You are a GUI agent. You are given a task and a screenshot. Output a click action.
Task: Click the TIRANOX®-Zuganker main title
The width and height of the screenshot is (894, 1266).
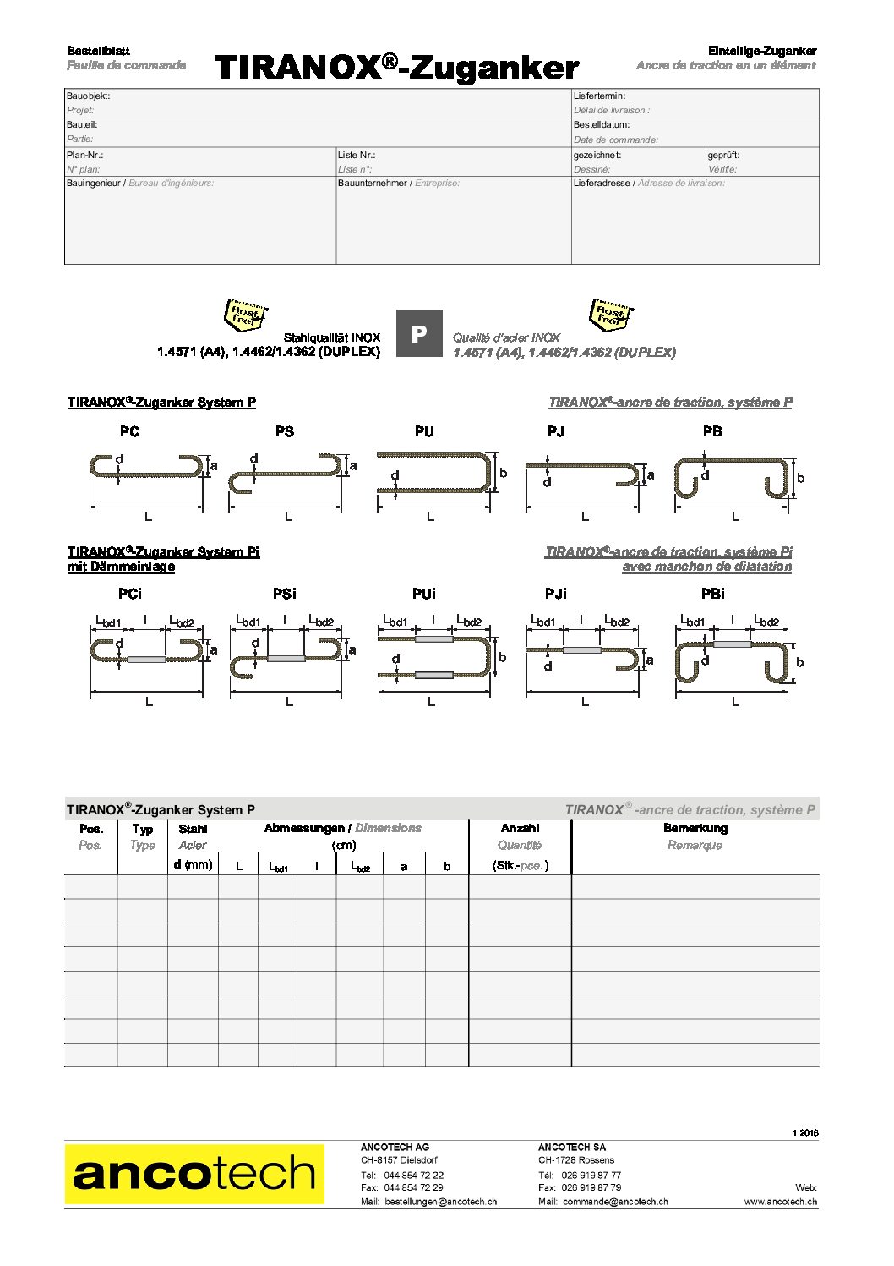click(396, 67)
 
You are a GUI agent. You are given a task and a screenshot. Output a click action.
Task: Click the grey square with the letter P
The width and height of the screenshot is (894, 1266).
click(419, 334)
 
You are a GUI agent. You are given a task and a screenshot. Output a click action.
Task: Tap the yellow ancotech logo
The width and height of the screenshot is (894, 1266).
click(194, 1173)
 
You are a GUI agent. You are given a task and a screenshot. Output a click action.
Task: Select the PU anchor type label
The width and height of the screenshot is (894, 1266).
click(424, 431)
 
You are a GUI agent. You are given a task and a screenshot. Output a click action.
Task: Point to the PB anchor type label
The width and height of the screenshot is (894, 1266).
click(712, 431)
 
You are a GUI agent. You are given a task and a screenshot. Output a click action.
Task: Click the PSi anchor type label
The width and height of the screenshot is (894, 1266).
click(285, 594)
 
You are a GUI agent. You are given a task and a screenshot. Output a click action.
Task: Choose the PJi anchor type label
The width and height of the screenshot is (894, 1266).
click(556, 594)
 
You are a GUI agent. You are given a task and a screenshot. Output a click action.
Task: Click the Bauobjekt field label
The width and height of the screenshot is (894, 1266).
click(89, 96)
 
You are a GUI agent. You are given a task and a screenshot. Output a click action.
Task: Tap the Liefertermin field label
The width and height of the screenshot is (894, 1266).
click(599, 96)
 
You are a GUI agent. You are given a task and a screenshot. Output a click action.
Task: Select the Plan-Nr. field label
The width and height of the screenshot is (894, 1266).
click(85, 156)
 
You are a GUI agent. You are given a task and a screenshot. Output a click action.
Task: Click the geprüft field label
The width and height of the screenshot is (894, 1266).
click(723, 156)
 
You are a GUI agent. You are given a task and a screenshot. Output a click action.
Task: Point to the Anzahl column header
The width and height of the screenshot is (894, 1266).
click(520, 829)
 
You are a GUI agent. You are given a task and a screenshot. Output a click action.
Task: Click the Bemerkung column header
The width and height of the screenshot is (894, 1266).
click(695, 829)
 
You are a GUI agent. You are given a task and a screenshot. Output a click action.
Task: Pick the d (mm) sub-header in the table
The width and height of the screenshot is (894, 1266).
click(193, 864)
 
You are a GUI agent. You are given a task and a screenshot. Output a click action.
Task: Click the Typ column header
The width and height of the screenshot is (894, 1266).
click(143, 829)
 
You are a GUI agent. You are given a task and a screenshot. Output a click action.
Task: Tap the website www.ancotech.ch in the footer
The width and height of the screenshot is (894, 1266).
click(780, 1201)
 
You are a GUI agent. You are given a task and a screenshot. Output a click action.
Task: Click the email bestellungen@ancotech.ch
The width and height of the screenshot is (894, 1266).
click(440, 1201)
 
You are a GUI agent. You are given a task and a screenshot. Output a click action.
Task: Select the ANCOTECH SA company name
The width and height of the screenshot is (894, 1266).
click(572, 1148)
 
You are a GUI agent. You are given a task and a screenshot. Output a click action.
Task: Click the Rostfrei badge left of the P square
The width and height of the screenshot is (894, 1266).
click(244, 315)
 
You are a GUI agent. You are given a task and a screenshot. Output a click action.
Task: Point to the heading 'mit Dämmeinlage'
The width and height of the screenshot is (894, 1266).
click(121, 567)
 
